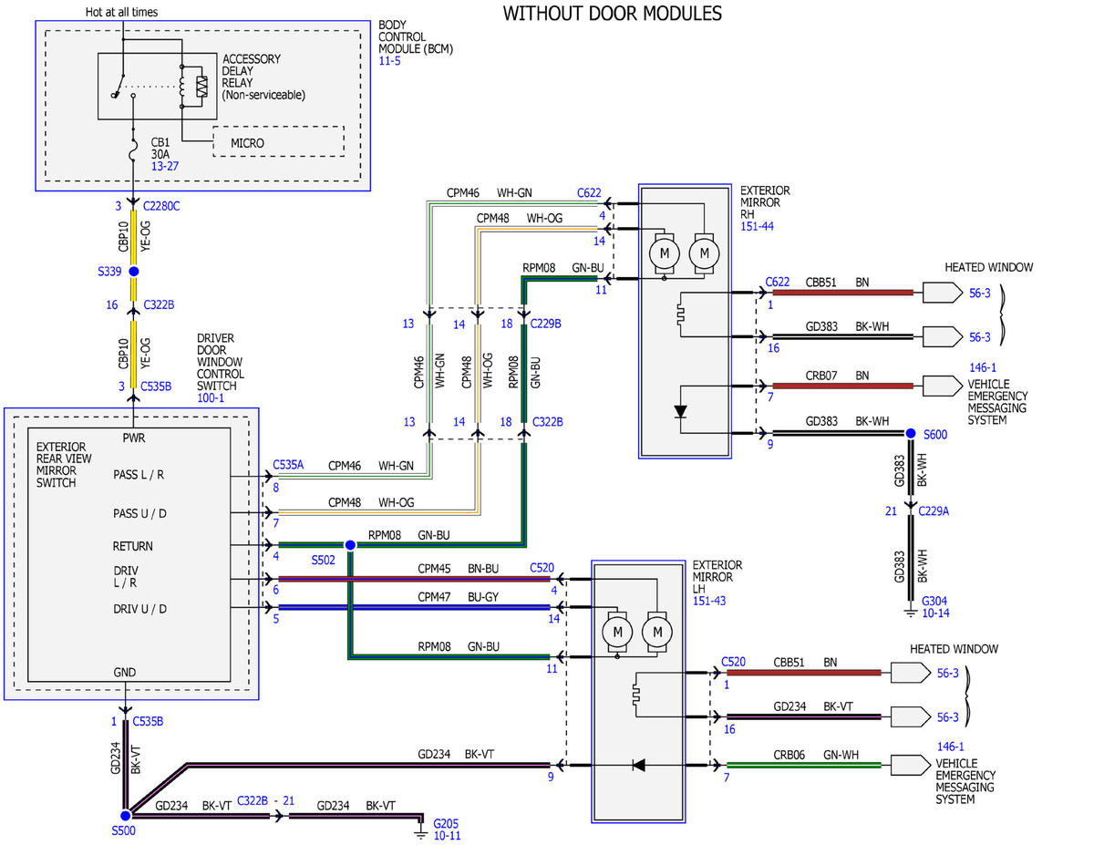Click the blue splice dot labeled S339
pos(134,272)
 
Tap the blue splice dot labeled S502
pos(350,544)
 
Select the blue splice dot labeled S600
pos(910,433)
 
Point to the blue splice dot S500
pos(126,815)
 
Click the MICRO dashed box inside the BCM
pos(278,141)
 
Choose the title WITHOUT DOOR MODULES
pos(613,14)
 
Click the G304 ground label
pos(934,601)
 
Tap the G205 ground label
pos(446,823)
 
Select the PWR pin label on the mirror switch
pos(133,438)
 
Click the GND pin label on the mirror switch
pos(124,672)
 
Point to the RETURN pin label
pos(132,546)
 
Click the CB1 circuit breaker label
pos(160,142)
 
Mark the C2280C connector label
pos(161,206)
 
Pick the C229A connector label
pos(934,510)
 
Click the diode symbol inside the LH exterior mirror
pos(638,765)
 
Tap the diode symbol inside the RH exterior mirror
pos(680,412)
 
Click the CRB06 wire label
pos(789,755)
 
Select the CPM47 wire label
pos(434,596)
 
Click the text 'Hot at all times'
pos(121,12)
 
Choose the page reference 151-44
pos(757,226)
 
